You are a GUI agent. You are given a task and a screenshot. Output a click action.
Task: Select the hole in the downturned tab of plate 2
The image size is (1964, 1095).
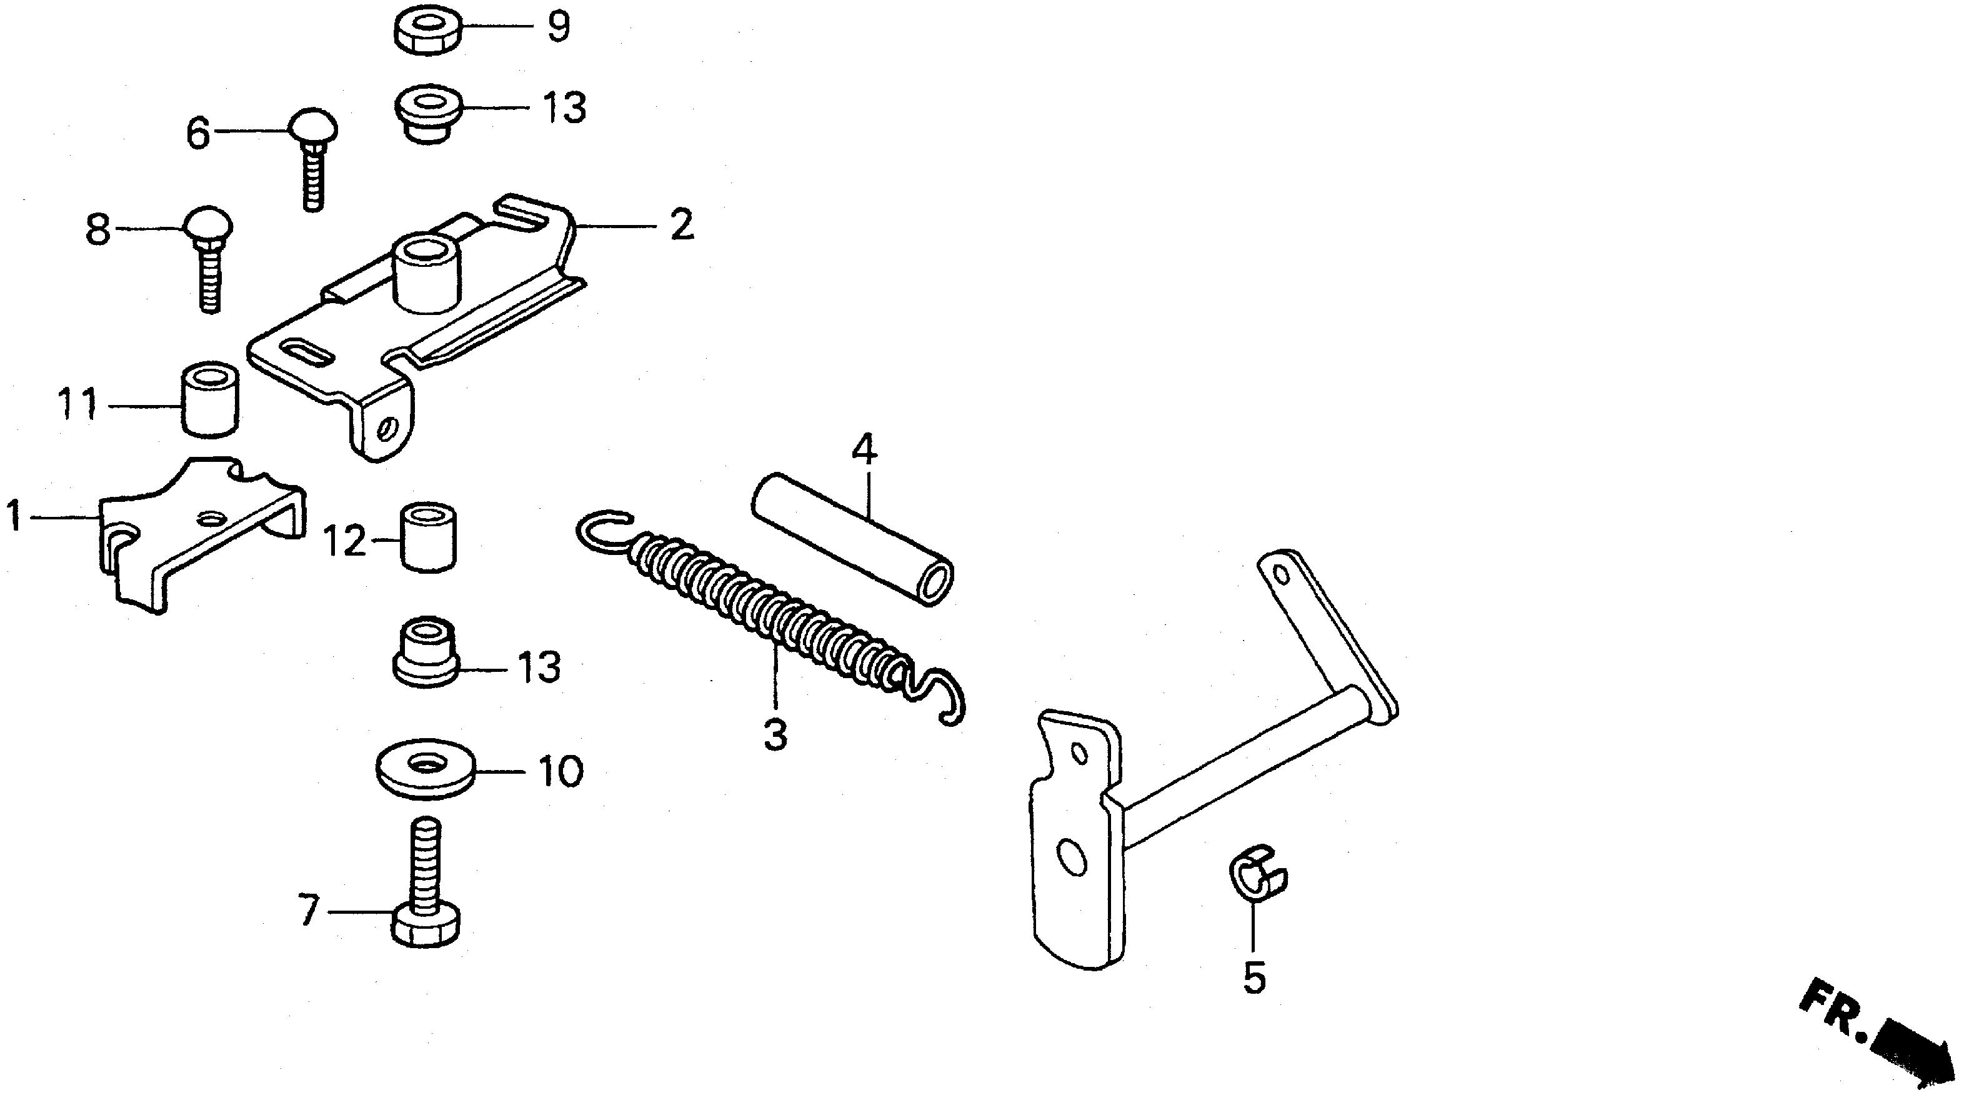[x=389, y=427]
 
